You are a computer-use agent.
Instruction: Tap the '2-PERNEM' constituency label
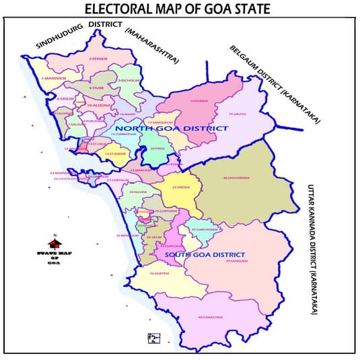98,59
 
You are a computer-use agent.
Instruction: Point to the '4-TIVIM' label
96,87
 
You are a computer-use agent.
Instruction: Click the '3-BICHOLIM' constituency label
129,80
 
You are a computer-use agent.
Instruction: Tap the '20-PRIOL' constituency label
158,148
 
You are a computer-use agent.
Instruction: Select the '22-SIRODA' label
182,186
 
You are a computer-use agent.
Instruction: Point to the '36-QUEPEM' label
159,273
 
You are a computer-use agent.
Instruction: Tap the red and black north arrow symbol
54,240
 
